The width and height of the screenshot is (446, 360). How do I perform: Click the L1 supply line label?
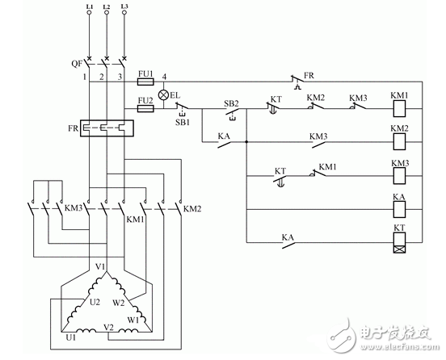click(88, 6)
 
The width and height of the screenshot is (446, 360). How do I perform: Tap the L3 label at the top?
click(123, 6)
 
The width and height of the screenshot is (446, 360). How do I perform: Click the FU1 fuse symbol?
click(147, 82)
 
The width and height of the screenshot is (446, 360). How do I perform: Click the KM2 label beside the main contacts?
click(191, 209)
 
